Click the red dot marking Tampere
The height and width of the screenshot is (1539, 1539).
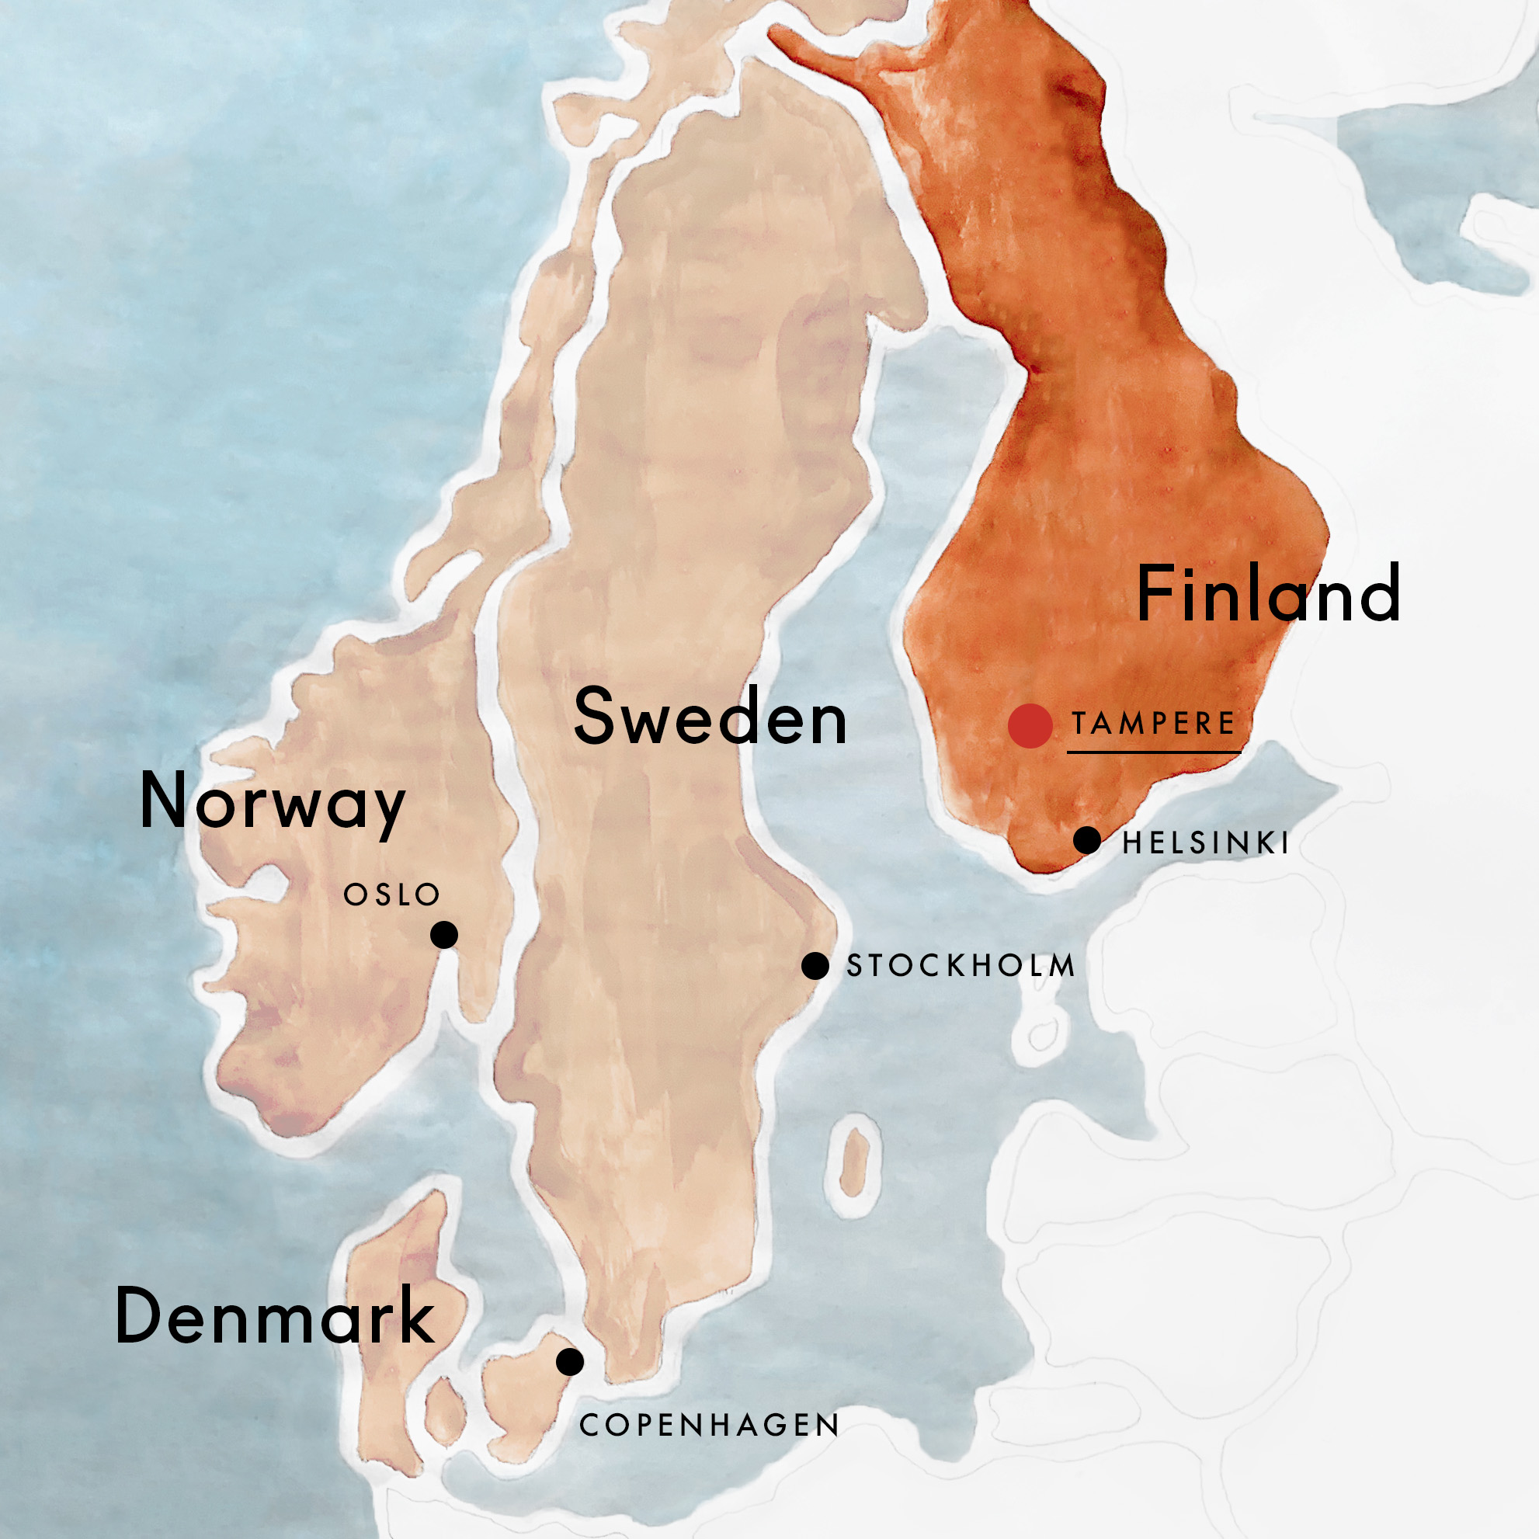[1030, 726]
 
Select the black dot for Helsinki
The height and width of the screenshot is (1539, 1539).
[1087, 839]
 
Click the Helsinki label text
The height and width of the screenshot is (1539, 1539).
[1205, 842]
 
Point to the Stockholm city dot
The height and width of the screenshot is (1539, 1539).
[815, 966]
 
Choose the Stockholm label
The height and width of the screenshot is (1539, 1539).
[961, 966]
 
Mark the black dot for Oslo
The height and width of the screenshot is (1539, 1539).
[443, 934]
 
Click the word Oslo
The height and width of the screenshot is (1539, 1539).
[391, 895]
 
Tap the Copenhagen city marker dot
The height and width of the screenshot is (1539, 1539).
[570, 1361]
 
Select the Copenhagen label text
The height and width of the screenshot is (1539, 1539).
[709, 1425]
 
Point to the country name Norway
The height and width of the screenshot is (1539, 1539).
[273, 803]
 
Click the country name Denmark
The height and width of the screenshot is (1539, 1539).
[275, 1316]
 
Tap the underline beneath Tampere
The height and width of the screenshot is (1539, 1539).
[1153, 751]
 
